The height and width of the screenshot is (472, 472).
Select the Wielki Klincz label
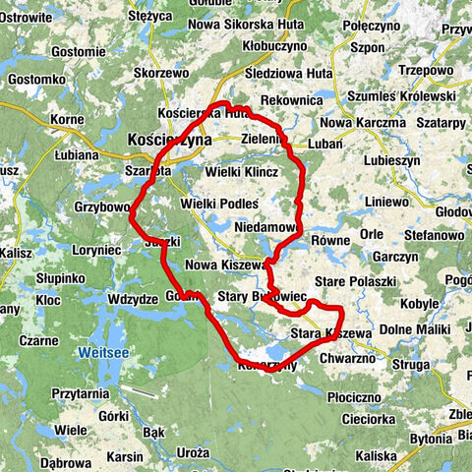[x=242, y=172]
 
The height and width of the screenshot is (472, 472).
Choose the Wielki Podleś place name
[x=219, y=204]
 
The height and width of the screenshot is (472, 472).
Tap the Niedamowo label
[x=265, y=227]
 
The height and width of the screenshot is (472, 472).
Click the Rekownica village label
[x=293, y=100]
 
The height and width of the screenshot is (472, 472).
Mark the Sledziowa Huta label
[x=289, y=73]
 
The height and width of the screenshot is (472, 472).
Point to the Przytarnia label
[x=80, y=392]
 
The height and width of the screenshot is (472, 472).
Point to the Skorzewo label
[x=161, y=73]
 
